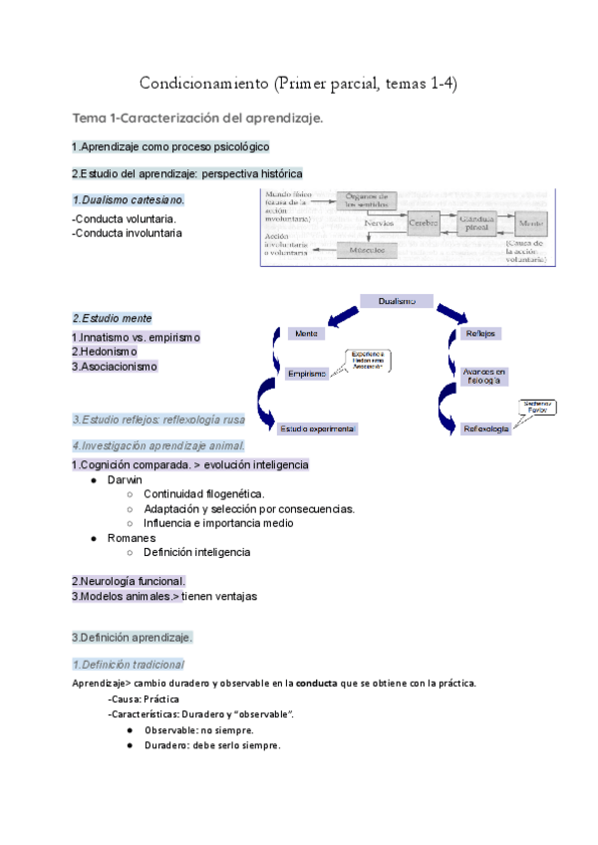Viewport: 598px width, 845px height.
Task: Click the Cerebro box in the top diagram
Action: [423, 223]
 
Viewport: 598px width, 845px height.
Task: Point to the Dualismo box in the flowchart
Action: [405, 301]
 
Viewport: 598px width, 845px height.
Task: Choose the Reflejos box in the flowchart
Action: [481, 333]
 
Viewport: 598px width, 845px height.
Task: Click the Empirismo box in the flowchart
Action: [306, 373]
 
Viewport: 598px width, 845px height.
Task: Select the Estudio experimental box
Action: [318, 428]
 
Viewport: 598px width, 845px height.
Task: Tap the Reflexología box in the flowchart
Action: [486, 428]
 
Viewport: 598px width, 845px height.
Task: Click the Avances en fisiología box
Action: [484, 376]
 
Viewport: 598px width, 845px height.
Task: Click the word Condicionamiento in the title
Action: [202, 83]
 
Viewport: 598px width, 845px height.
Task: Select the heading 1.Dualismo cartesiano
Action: [128, 199]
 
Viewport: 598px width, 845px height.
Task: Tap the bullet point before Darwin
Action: [94, 480]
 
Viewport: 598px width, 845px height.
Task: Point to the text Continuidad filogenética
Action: [203, 494]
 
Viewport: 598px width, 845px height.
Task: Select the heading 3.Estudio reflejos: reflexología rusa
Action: [158, 420]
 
